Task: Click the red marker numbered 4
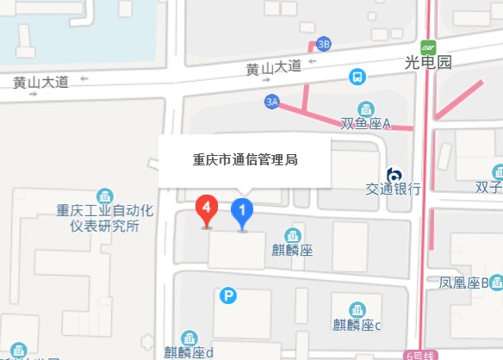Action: pyautogui.click(x=207, y=208)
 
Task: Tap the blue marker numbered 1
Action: pyautogui.click(x=244, y=209)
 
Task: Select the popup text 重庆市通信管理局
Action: pyautogui.click(x=245, y=159)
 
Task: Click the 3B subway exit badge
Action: pyautogui.click(x=324, y=44)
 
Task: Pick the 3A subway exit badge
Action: pyautogui.click(x=273, y=102)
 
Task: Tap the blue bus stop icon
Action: pyautogui.click(x=356, y=77)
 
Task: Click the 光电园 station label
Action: pyautogui.click(x=428, y=62)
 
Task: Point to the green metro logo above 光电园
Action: pyautogui.click(x=428, y=46)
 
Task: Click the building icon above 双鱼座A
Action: pyautogui.click(x=367, y=109)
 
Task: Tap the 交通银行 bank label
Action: pyautogui.click(x=393, y=189)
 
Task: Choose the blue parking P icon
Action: pyautogui.click(x=228, y=296)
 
